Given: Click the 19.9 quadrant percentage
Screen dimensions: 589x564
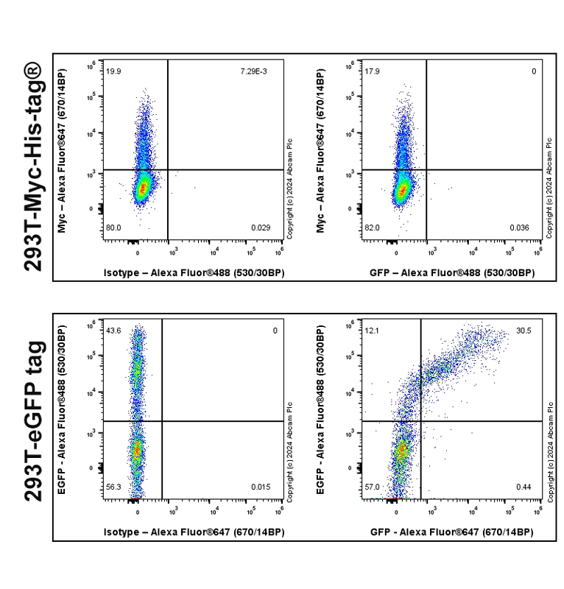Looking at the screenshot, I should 113,71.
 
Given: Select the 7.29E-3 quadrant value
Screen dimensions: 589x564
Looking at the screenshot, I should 254,71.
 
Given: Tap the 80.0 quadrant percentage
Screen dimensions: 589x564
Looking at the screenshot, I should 113,228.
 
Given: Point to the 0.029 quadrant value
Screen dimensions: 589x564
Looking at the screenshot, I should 260,228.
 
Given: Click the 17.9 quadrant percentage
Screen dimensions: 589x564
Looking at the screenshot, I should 372,71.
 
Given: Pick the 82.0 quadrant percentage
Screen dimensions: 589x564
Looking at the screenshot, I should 372,228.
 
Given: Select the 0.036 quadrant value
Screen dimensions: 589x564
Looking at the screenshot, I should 519,228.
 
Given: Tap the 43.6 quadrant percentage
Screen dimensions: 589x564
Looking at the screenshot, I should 113,331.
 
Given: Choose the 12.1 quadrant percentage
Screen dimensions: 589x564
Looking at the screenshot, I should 372,331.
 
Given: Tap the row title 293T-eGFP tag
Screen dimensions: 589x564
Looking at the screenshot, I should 33,425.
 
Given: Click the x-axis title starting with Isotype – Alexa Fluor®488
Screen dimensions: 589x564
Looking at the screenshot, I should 194,272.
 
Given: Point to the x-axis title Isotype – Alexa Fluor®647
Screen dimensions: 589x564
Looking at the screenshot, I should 194,532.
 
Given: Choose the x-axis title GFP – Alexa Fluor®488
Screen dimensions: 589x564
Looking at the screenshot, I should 452,272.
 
